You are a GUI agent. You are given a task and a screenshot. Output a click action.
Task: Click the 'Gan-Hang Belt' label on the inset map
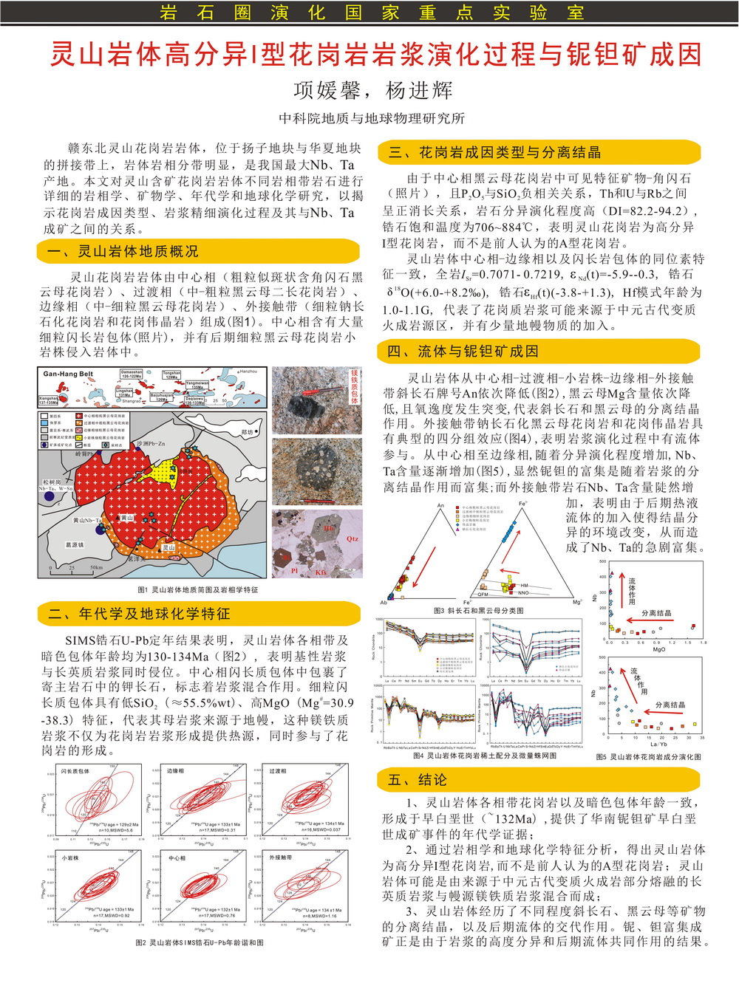pos(67,374)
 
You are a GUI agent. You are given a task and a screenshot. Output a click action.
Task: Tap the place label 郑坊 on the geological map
pos(247,432)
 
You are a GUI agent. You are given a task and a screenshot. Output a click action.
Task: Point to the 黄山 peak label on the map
pos(127,518)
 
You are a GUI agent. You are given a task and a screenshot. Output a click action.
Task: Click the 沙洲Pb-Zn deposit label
pos(151,443)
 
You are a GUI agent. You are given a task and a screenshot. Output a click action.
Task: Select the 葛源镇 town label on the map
pos(75,545)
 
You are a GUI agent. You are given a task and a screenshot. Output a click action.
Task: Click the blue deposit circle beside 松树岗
pos(50,497)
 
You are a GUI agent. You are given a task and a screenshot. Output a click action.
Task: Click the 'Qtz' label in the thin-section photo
pos(353,538)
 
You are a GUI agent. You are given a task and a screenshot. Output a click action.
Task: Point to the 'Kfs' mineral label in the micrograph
pos(321,572)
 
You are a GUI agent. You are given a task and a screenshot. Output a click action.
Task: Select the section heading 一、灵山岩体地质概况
pos(123,252)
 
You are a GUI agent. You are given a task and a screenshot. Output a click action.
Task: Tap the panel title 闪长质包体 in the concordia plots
pos(75,771)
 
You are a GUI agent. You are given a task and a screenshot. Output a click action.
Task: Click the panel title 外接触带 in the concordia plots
pos(280,857)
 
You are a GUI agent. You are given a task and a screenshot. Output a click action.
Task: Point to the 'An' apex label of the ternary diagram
pos(440,506)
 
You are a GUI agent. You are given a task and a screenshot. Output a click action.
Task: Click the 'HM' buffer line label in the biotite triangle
pos(524,586)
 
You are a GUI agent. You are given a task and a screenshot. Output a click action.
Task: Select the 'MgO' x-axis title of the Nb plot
pos(658,649)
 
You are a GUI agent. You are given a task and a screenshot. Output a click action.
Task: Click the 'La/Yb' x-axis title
pos(658,744)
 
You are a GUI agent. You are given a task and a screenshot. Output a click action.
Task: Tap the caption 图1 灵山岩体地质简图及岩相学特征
pos(197,589)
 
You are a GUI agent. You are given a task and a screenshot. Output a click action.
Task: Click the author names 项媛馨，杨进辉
pos(372,90)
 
